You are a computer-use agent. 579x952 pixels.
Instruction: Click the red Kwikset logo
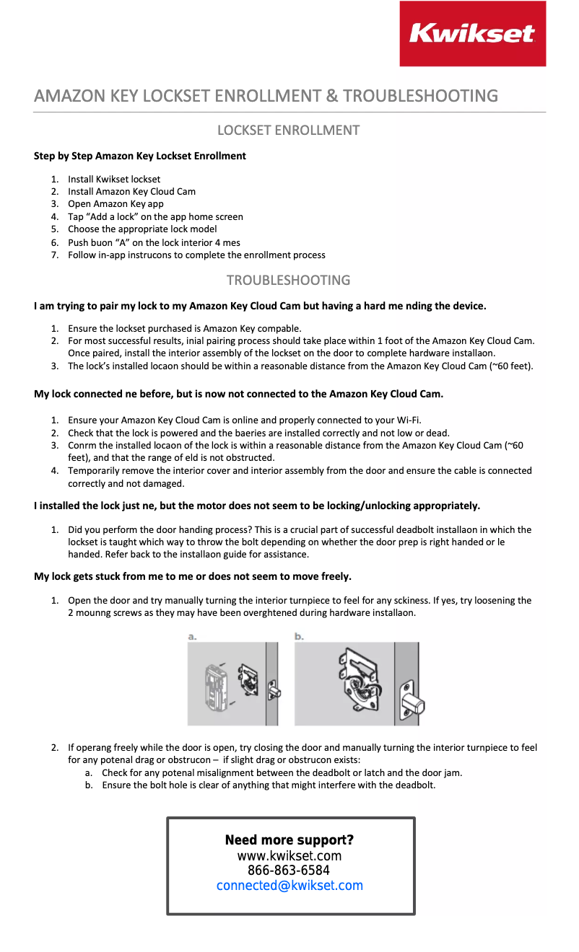coord(472,34)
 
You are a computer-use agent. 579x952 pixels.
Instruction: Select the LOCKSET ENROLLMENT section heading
coord(289,131)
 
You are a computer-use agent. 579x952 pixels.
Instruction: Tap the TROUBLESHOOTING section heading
coord(289,280)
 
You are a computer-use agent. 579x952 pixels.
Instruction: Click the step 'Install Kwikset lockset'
coord(114,179)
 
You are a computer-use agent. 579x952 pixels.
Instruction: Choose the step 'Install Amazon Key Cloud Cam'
coord(131,192)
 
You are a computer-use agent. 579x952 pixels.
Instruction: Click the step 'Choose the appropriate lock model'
coord(142,229)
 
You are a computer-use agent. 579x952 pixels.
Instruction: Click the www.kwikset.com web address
coord(289,856)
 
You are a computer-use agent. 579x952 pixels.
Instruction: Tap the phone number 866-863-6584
coord(289,871)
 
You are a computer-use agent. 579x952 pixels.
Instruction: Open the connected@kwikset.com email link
coord(289,886)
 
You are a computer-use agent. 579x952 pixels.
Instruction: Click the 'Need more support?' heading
coord(289,840)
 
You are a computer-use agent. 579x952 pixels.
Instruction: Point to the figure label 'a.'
coord(193,637)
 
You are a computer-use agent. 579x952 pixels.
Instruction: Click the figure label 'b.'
coord(300,637)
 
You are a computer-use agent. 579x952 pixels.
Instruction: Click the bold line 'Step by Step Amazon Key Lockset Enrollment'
coord(140,156)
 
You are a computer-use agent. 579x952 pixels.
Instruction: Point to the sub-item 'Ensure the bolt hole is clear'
coord(269,785)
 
